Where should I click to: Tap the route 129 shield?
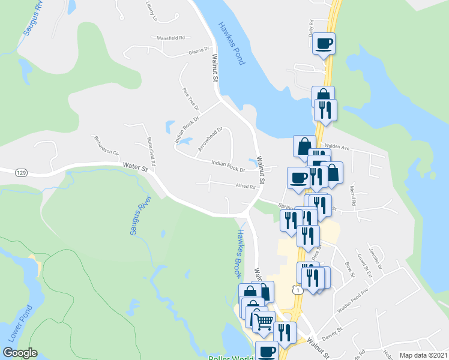coord(21,173)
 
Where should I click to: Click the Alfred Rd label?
coord(246,187)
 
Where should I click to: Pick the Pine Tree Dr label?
coord(190,98)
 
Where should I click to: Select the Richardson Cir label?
coord(106,145)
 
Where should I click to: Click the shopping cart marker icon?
coord(263,322)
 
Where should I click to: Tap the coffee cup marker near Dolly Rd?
coord(324,43)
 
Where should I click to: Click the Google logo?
coord(20,353)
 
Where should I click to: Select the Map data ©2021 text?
coord(423,355)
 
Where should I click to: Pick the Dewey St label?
coord(331,330)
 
